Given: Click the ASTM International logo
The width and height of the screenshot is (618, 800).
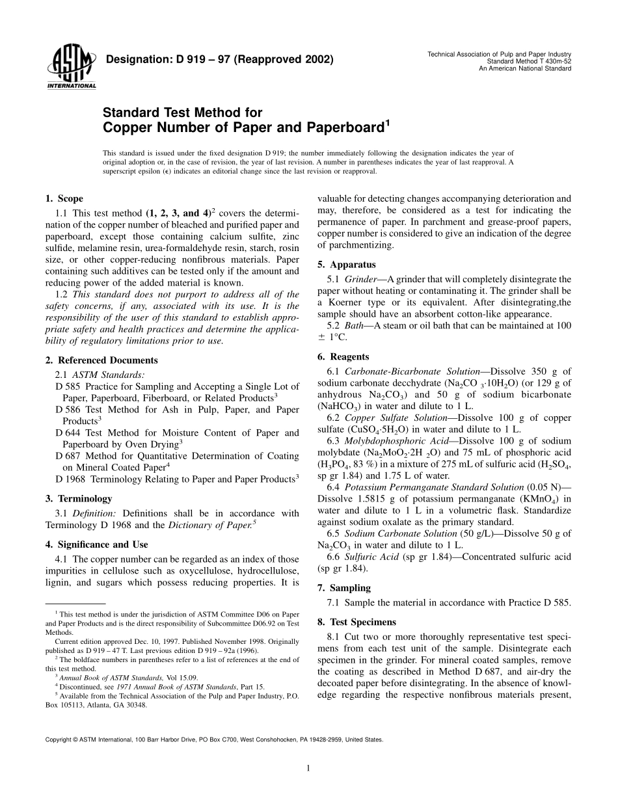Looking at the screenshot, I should pos(71,67).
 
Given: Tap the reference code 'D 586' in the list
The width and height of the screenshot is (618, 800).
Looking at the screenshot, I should pos(68,410).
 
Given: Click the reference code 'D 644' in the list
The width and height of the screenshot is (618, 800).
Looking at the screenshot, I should pos(68,433).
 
